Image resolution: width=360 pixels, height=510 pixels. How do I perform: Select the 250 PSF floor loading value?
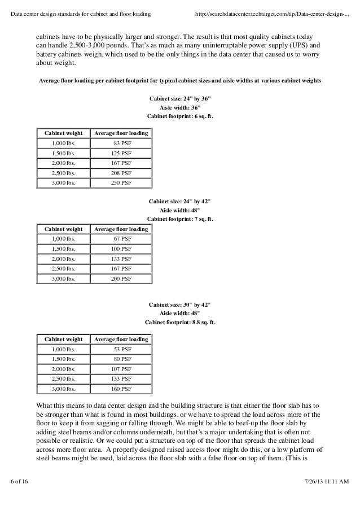click(121, 182)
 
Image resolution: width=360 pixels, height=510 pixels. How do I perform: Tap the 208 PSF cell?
click(121, 173)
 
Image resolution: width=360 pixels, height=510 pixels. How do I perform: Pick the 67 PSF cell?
click(121, 239)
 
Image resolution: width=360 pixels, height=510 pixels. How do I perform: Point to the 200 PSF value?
click(121, 278)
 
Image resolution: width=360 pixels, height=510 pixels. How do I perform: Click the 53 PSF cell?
click(121, 350)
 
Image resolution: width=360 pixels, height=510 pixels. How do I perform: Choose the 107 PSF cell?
click(121, 369)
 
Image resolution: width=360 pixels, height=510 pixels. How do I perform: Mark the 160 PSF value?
click(121, 389)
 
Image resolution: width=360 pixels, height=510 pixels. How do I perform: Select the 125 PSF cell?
click(121, 153)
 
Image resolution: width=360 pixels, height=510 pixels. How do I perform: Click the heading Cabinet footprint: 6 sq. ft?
click(180, 116)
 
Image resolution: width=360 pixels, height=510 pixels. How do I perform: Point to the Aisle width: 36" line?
click(180, 107)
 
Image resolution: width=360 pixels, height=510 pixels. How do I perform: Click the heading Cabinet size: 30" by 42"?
click(180, 304)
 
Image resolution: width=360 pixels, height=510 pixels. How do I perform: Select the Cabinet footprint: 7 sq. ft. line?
click(180, 219)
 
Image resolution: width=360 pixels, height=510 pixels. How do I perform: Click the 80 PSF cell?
click(121, 359)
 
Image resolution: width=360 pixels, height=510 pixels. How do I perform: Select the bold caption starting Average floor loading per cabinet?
click(179, 80)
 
